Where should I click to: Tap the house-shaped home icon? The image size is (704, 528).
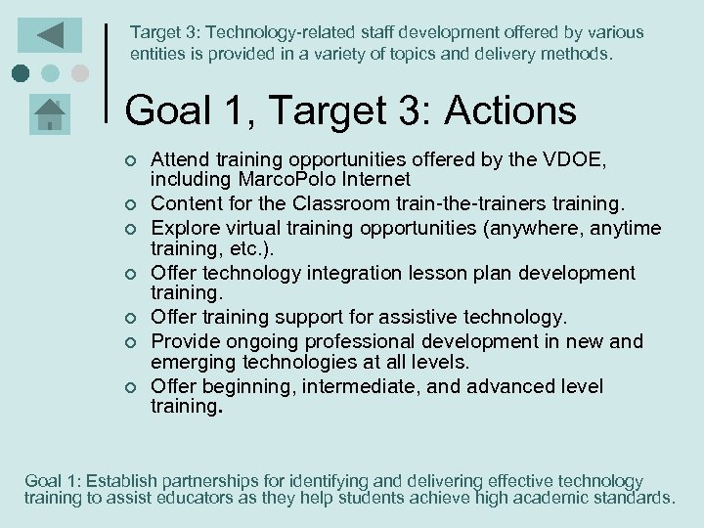coord(49,113)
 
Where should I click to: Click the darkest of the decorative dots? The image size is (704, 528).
coord(22,73)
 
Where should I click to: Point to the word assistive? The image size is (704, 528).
coord(436,318)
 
